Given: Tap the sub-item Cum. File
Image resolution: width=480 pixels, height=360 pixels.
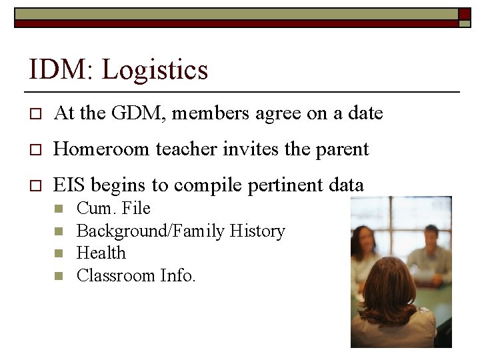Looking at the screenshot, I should [x=113, y=208].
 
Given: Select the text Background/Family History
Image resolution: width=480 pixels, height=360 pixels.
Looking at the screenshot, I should [x=181, y=231].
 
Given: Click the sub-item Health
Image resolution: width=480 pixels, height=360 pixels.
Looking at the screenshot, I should [x=101, y=253].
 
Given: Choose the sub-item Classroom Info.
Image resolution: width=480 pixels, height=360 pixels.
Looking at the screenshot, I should [x=136, y=275].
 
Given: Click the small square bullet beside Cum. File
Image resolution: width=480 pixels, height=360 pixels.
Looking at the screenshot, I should [x=58, y=209].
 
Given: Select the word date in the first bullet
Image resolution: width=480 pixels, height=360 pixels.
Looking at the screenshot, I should [x=365, y=113].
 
